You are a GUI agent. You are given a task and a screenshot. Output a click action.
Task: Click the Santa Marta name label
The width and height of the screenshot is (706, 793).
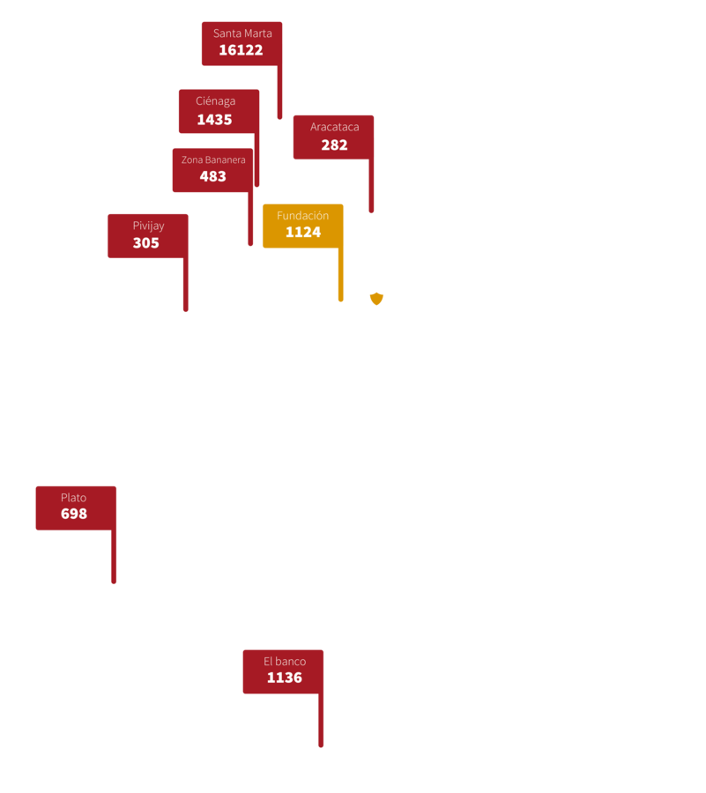coord(242,33)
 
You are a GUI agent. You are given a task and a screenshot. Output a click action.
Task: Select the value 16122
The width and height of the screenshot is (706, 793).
coord(241,50)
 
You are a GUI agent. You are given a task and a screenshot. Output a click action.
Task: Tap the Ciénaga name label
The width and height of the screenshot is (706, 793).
coord(215,101)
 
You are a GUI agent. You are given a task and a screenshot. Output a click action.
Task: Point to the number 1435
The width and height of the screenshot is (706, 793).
coord(214,120)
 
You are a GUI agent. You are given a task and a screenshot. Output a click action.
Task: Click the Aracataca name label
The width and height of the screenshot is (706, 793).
coord(334,127)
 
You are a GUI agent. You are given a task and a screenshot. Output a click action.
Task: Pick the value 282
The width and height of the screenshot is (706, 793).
coord(334,145)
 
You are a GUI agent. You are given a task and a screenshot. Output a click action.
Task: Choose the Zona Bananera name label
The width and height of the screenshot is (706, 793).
coord(213,159)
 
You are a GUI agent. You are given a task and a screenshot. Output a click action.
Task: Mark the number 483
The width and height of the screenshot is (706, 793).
coord(212,176)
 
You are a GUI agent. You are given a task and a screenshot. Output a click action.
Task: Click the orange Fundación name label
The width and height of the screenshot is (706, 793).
coord(302,216)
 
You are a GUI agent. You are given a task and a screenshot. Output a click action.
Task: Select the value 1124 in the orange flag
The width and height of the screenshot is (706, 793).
coord(302,233)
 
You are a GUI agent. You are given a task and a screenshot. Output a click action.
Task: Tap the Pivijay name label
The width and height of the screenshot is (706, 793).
coord(148,226)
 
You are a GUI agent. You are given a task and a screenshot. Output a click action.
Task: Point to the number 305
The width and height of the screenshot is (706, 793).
coord(146,243)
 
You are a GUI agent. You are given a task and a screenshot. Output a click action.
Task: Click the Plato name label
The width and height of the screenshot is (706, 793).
coord(74,498)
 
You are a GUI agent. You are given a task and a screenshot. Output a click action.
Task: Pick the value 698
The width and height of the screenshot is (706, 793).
coord(74,514)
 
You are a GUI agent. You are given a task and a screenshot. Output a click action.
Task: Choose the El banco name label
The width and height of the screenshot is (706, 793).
coord(285,662)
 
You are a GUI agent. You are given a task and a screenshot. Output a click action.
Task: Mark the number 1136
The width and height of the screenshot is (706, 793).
coord(284,678)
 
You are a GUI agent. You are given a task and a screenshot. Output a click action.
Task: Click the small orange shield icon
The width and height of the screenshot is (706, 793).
coord(376,299)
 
